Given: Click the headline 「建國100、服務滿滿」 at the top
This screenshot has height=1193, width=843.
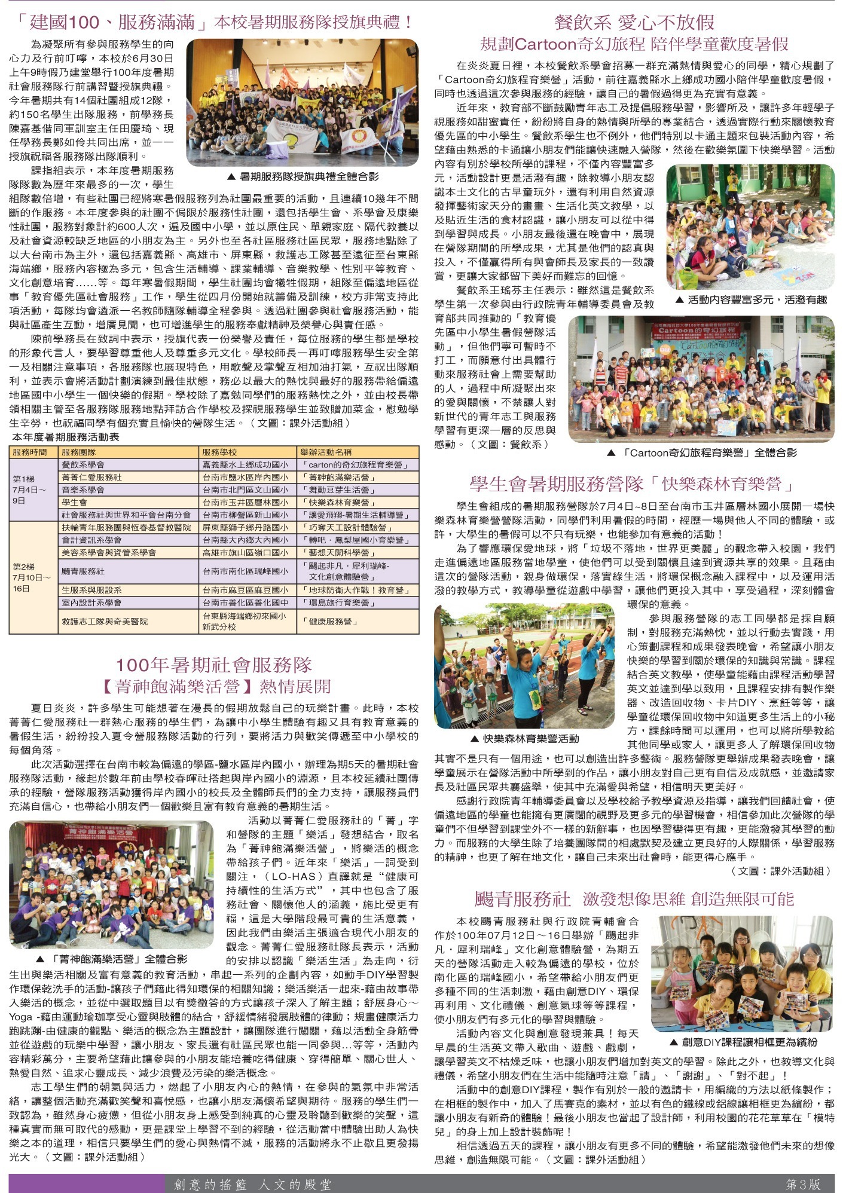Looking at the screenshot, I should click(x=111, y=23).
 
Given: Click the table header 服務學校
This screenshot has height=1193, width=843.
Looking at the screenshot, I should click(x=219, y=452).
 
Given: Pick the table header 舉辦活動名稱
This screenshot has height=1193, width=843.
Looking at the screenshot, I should click(x=326, y=452).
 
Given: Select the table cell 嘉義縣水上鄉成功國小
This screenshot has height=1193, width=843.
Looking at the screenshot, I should click(x=245, y=464).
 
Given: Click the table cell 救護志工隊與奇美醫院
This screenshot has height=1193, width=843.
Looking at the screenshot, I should click(x=105, y=622).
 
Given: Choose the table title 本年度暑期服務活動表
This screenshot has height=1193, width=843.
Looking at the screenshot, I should click(x=66, y=437).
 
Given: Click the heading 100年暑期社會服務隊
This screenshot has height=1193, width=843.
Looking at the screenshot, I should click(x=213, y=665).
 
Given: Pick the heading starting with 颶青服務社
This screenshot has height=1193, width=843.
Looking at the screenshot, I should click(x=634, y=899).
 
